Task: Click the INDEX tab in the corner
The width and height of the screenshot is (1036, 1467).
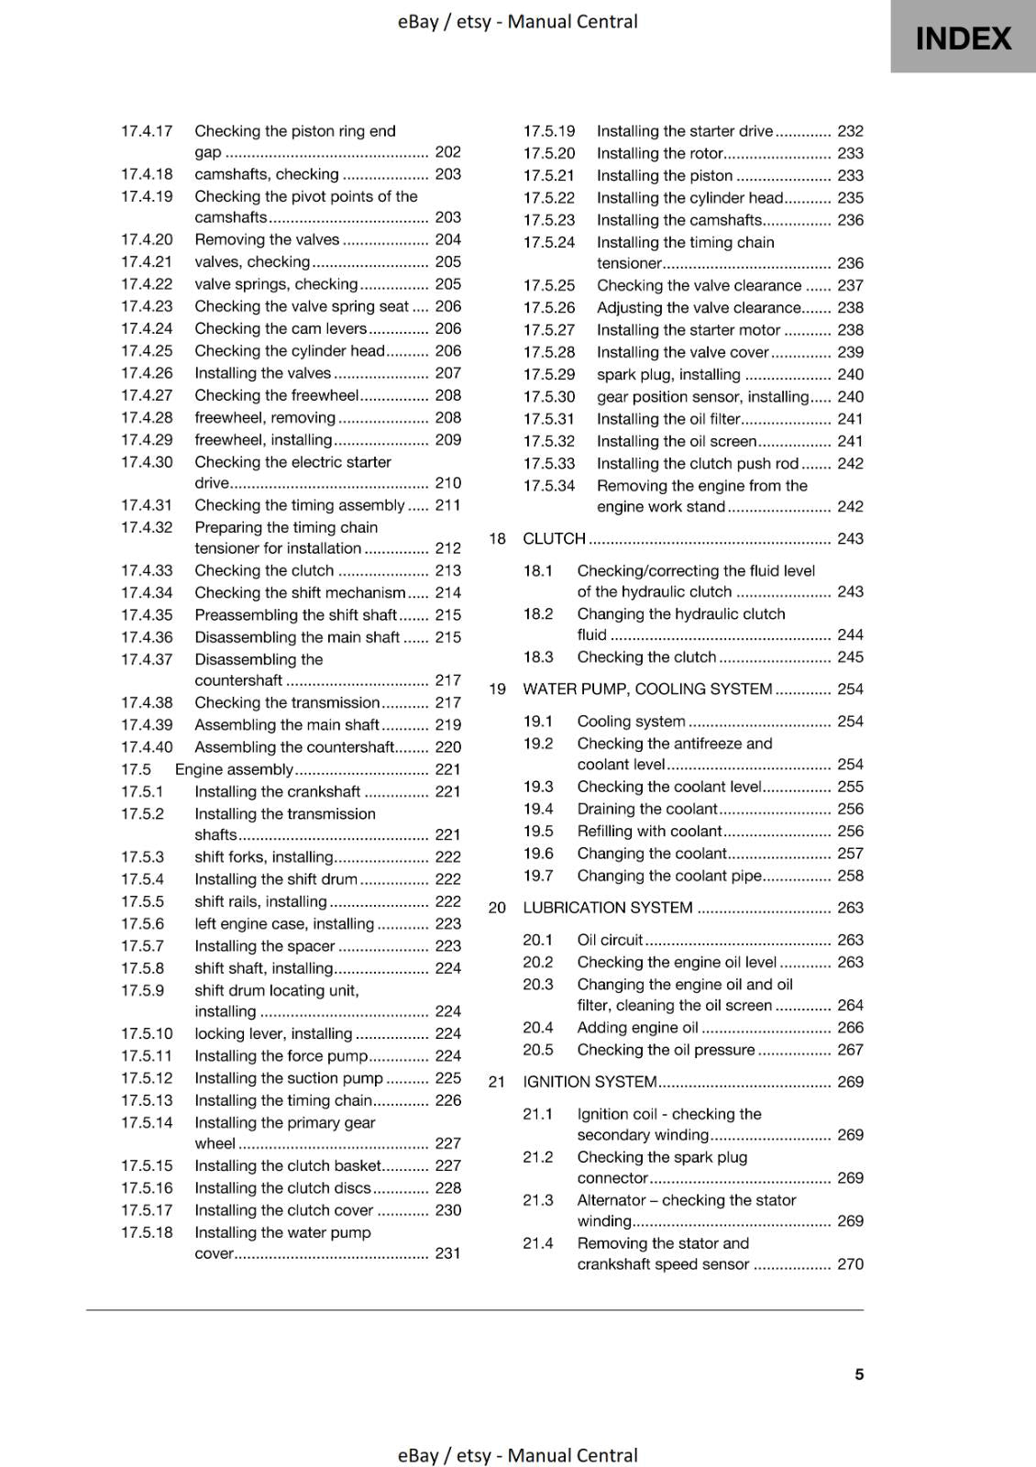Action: (963, 38)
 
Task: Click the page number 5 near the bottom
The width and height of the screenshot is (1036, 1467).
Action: (859, 1373)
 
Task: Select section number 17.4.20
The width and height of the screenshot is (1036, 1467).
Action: (147, 239)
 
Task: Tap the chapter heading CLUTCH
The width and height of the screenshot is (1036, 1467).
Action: (554, 538)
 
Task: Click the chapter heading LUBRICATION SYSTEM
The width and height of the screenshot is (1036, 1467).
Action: (607, 908)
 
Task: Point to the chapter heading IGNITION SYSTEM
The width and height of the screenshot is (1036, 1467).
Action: (590, 1082)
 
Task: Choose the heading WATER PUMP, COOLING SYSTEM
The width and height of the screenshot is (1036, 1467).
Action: (647, 689)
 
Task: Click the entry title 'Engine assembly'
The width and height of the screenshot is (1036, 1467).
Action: (234, 769)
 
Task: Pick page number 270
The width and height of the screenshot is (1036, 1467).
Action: (850, 1263)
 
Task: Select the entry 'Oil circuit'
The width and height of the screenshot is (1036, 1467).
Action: (610, 940)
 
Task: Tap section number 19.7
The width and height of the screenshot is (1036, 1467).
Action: (538, 876)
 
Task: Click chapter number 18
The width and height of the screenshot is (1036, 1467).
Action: (497, 538)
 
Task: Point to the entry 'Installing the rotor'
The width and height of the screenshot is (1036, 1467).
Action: (660, 153)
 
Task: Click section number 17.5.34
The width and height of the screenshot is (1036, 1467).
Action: (549, 486)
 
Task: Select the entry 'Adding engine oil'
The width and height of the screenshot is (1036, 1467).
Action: (637, 1028)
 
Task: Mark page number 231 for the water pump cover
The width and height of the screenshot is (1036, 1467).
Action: (447, 1252)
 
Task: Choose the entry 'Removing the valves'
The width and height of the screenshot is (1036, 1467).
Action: (267, 239)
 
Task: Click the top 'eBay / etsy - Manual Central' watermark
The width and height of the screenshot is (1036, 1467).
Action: (517, 21)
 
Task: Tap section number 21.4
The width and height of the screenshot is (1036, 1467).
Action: (538, 1243)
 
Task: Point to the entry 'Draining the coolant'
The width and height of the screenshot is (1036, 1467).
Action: (646, 809)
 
